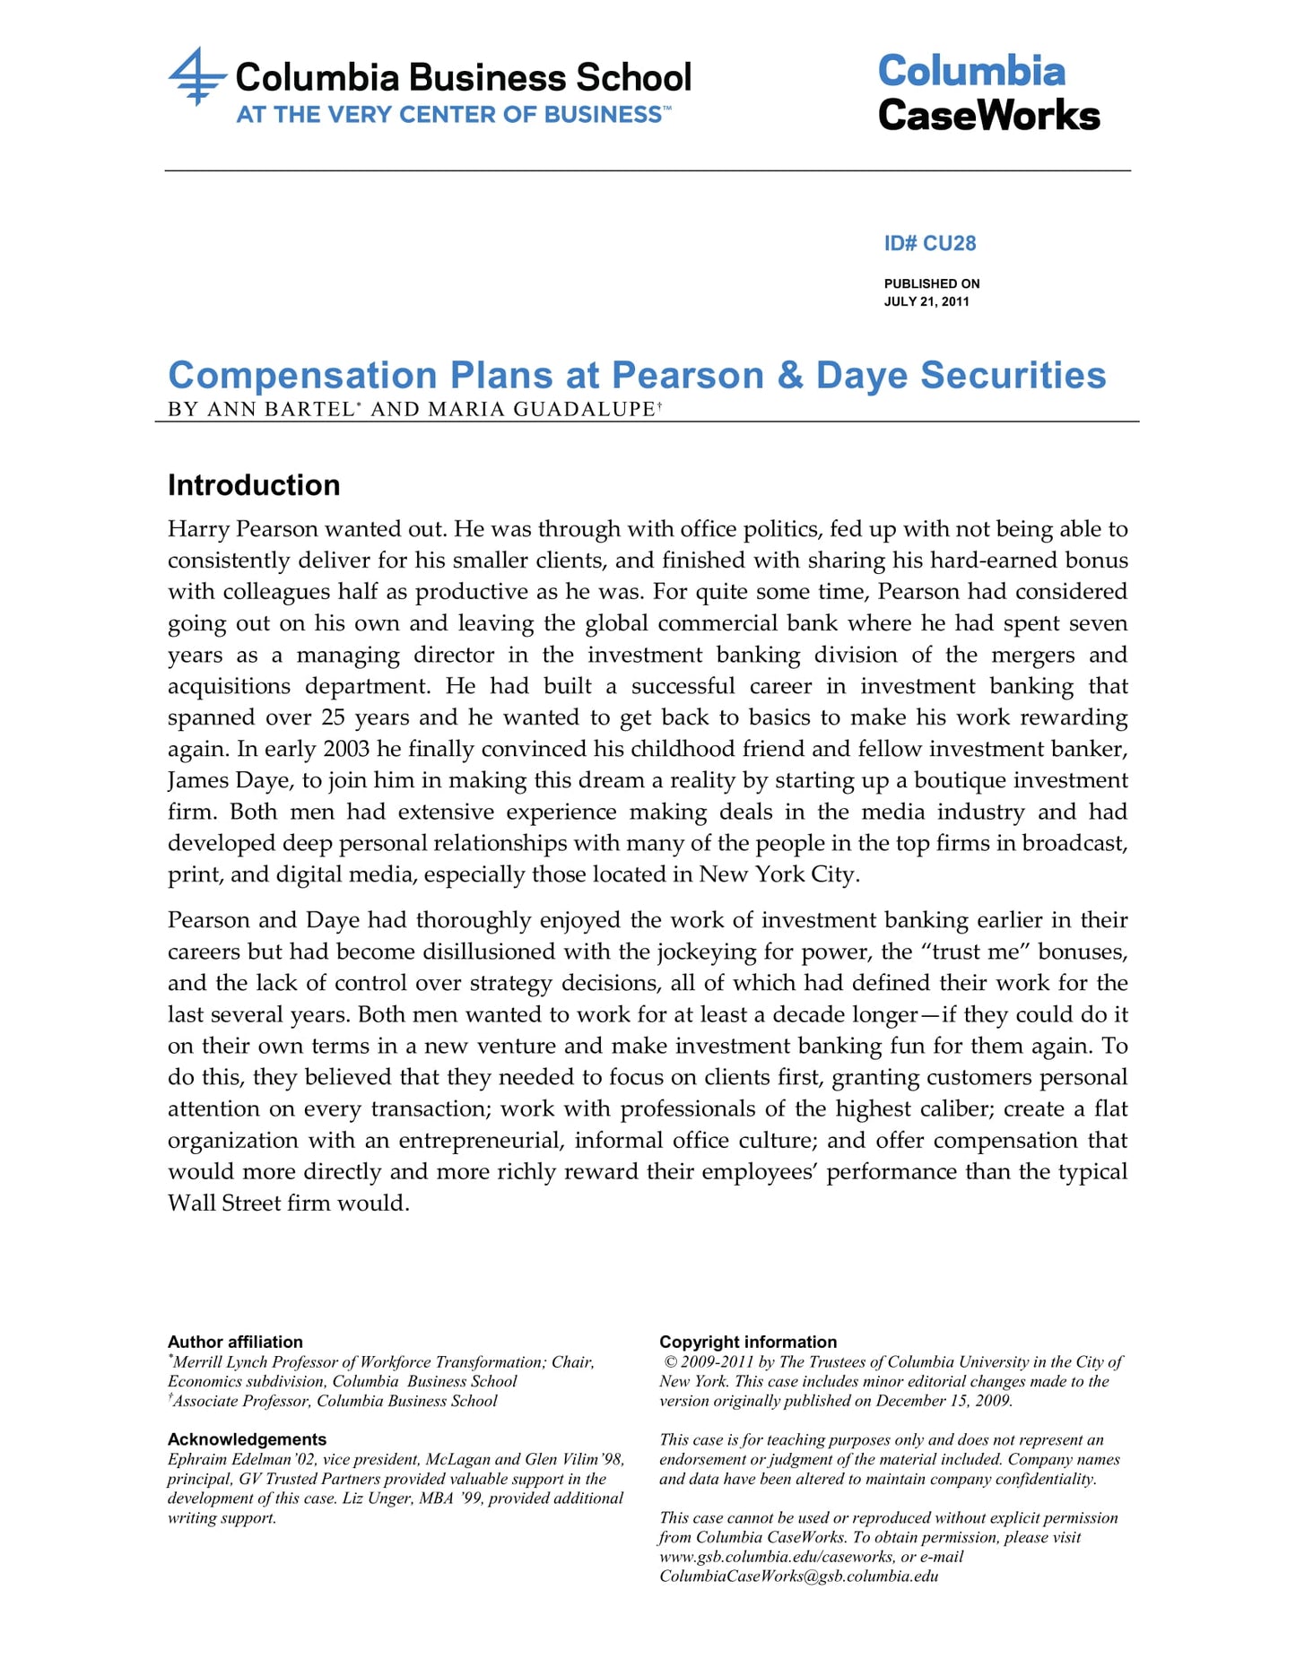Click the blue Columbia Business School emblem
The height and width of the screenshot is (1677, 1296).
(196, 77)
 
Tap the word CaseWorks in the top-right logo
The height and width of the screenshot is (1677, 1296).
(988, 116)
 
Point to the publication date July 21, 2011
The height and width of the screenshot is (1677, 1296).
(926, 301)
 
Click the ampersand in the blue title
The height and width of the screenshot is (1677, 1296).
(790, 376)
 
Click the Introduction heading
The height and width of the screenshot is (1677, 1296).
(254, 485)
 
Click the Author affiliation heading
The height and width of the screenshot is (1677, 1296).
(235, 1342)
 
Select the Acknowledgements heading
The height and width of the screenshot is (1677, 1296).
(247, 1439)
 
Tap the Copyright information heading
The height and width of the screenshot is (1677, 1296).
(748, 1342)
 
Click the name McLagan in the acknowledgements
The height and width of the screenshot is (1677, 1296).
(457, 1459)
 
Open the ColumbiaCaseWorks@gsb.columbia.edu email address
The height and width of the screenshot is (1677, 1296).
(798, 1576)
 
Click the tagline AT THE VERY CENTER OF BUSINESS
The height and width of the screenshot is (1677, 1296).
(448, 115)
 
